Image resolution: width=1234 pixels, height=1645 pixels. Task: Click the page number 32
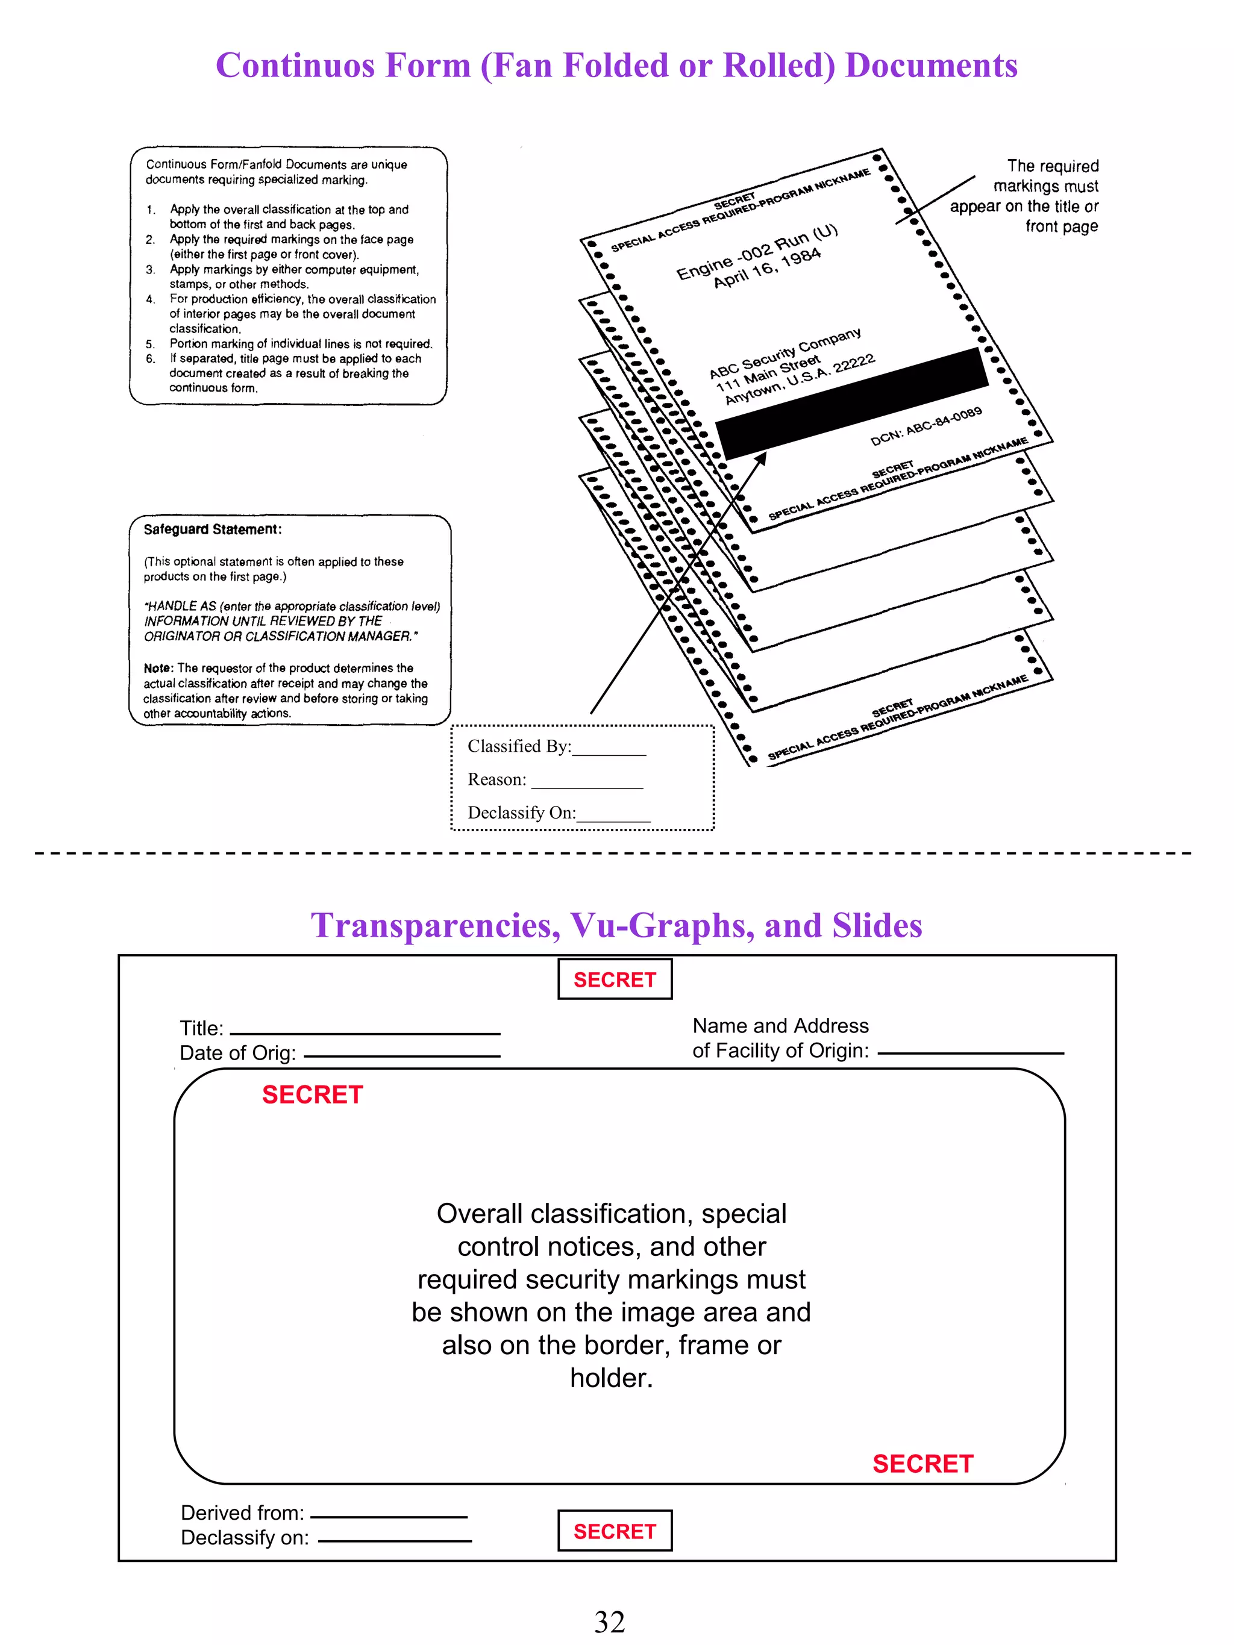coord(609,1621)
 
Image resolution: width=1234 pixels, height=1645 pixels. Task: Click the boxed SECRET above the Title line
coord(615,979)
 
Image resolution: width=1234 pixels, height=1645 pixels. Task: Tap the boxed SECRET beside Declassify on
coord(615,1531)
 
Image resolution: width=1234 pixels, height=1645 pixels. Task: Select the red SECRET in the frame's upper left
coord(312,1094)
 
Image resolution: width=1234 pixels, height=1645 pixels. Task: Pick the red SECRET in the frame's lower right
coord(922,1464)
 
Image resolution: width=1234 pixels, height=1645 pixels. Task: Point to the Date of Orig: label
coord(237,1053)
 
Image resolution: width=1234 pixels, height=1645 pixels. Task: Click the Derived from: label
coord(242,1512)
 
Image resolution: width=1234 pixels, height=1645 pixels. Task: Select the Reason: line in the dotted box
coord(554,779)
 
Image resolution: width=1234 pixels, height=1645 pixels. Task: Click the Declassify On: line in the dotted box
coord(558,813)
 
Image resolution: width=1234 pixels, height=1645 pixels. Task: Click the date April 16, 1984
coord(767,267)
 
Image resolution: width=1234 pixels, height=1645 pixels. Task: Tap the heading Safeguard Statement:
coord(213,529)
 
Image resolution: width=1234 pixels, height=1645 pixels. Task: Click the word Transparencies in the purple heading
coord(435,926)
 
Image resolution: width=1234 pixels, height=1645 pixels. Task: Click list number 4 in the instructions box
coord(150,299)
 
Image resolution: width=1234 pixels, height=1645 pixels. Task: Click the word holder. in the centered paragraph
coord(611,1378)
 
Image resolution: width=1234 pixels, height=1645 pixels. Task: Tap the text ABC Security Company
coord(784,353)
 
